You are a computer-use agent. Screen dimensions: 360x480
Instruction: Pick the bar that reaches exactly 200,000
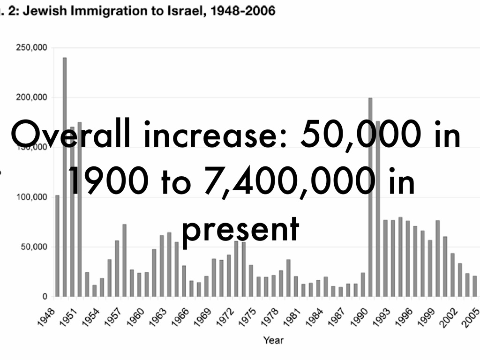tap(370, 197)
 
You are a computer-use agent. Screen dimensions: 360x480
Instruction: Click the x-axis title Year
tap(273, 340)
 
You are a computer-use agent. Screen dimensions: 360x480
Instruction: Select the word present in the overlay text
tap(240, 230)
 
